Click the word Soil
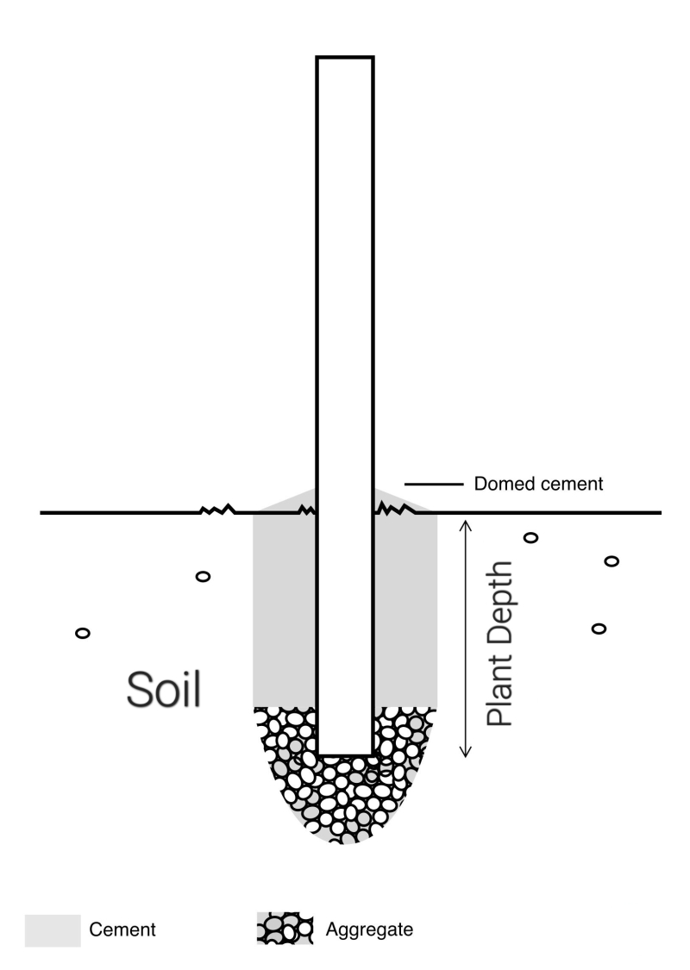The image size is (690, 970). click(164, 689)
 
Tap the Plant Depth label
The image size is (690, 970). click(499, 644)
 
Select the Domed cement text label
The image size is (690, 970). click(538, 485)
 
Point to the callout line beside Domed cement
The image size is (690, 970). click(429, 485)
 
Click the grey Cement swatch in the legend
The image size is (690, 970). click(53, 930)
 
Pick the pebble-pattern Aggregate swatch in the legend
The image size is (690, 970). click(284, 930)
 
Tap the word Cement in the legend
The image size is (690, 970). click(123, 930)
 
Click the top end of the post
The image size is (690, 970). click(344, 59)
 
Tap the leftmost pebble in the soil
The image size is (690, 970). click(83, 634)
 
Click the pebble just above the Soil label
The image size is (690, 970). click(203, 576)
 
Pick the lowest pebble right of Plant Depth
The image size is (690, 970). click(598, 628)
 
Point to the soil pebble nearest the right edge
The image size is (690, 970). click(612, 561)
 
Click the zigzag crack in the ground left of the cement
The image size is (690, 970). click(217, 510)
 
